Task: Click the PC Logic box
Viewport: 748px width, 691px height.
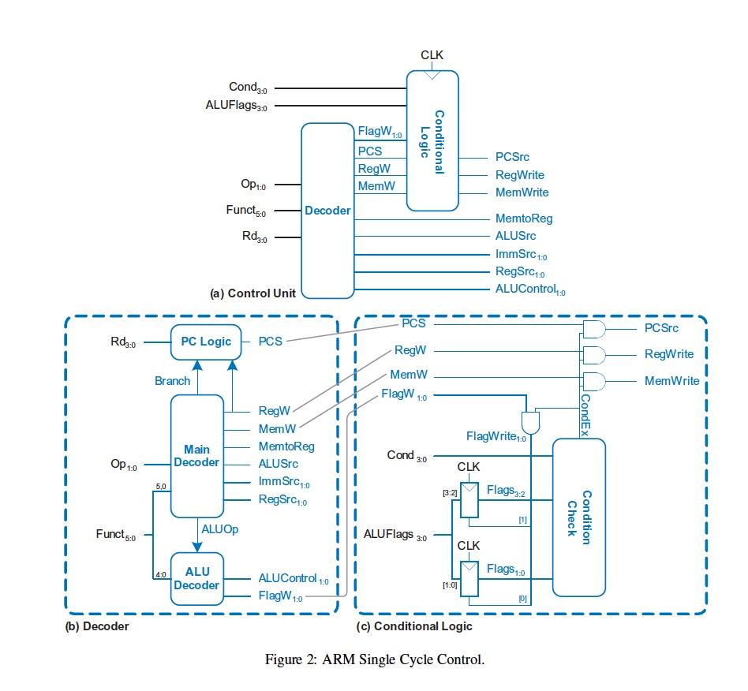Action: pyautogui.click(x=204, y=342)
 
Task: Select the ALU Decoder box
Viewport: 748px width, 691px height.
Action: pyautogui.click(x=196, y=578)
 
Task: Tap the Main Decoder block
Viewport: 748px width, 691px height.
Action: pyautogui.click(x=196, y=456)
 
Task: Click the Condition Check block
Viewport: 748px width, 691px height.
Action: pyautogui.click(x=578, y=517)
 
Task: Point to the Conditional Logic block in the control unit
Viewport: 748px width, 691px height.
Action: pyautogui.click(x=432, y=140)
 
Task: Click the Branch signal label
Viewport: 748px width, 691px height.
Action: pyautogui.click(x=172, y=381)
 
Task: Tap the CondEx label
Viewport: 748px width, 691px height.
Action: pyautogui.click(x=585, y=411)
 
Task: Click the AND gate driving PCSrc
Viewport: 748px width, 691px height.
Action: pyautogui.click(x=593, y=328)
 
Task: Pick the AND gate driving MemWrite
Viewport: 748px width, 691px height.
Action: pyautogui.click(x=593, y=381)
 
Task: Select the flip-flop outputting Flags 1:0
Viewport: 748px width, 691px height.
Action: pyautogui.click(x=470, y=578)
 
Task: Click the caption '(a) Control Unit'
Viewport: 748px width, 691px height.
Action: pyautogui.click(x=252, y=293)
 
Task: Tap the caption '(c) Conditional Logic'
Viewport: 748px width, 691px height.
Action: pyautogui.click(x=414, y=626)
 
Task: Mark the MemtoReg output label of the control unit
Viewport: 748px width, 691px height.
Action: pyautogui.click(x=524, y=219)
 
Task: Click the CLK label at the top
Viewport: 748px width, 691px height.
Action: pyautogui.click(x=432, y=55)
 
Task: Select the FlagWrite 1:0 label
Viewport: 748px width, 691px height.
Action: pyautogui.click(x=496, y=436)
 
